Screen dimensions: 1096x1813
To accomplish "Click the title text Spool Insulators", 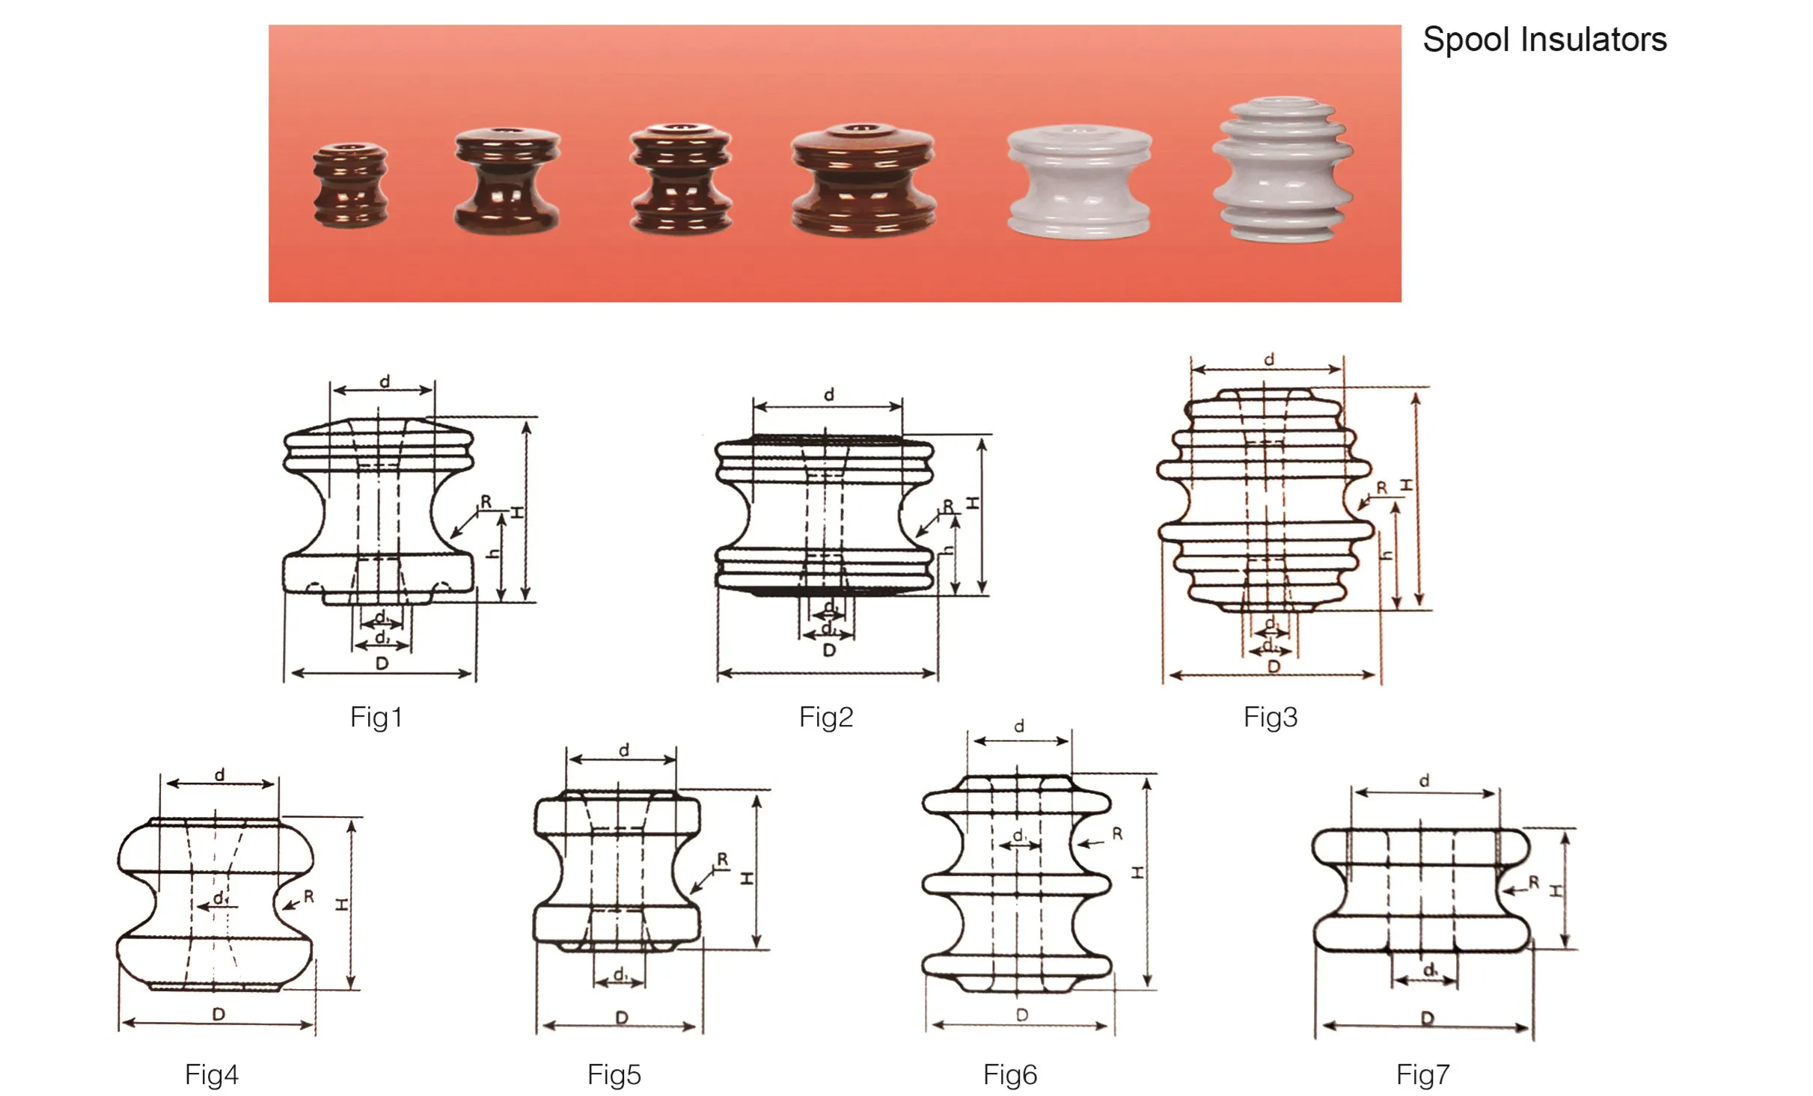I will click(x=1544, y=40).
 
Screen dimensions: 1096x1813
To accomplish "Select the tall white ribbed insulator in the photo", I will click(x=1282, y=170).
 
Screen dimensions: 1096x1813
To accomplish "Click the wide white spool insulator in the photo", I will click(x=1079, y=182).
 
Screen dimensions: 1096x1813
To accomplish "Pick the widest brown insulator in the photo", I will click(x=863, y=178).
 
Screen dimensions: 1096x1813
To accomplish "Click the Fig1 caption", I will click(x=376, y=717).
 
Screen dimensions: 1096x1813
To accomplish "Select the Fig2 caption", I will click(x=826, y=717).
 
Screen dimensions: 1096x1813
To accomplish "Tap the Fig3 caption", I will click(x=1271, y=717).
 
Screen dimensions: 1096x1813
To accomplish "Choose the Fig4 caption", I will click(x=212, y=1075).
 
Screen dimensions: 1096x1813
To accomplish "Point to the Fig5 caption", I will click(x=614, y=1075).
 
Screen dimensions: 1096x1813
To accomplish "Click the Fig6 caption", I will click(x=1010, y=1075).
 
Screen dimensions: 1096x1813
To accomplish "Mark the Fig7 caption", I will click(x=1423, y=1075).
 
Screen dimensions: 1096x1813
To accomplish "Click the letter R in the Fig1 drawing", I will click(x=486, y=501).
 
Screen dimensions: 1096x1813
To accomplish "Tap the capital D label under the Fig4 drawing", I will click(x=218, y=1014).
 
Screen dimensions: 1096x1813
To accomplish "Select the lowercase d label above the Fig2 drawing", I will click(x=829, y=394).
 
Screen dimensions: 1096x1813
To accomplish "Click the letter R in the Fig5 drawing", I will click(x=722, y=860).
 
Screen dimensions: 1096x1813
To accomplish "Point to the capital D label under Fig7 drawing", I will click(x=1428, y=1018).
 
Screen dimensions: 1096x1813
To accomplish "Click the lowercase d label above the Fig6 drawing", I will click(x=1019, y=726).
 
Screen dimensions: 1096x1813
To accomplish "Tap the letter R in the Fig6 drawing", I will click(x=1117, y=833).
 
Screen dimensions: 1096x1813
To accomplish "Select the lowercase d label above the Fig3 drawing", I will click(x=1269, y=360).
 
